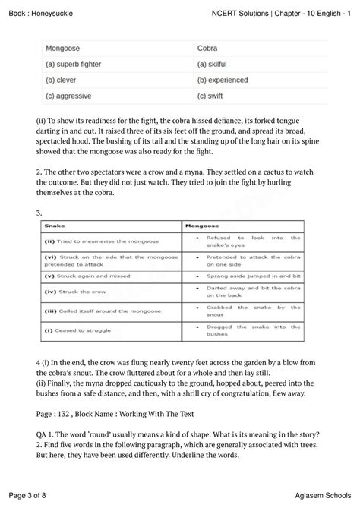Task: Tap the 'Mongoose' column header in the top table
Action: [63, 48]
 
